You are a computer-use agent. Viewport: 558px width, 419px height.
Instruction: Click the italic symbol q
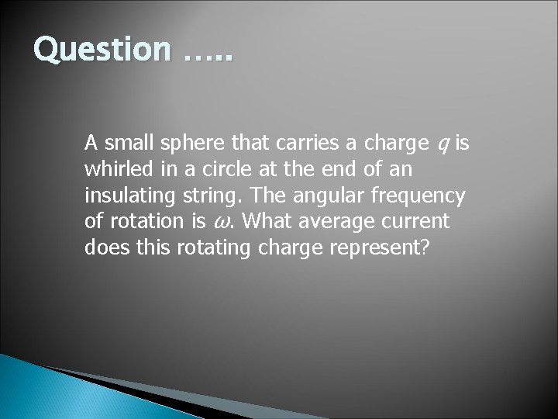442,144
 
